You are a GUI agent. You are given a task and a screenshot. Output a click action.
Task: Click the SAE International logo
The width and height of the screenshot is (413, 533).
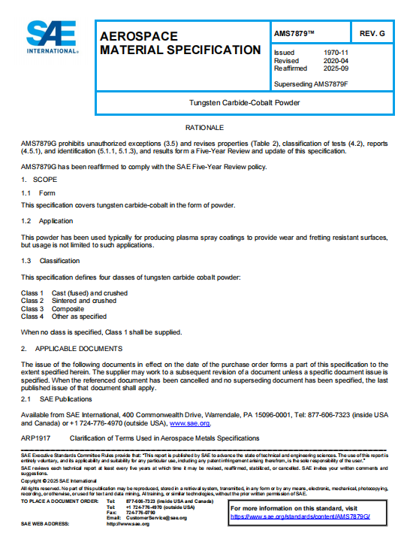(x=52, y=35)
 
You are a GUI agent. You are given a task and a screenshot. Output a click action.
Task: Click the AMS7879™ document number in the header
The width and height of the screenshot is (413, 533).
(x=294, y=34)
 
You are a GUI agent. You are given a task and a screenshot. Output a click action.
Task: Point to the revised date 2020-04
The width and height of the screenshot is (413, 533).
(x=336, y=61)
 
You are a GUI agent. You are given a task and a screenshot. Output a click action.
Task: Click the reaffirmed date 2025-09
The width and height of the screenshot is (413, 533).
(x=336, y=68)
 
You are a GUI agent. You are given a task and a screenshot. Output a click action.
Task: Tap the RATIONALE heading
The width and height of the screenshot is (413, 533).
(x=204, y=129)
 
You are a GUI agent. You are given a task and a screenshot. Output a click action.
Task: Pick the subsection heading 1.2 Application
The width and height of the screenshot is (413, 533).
(x=47, y=221)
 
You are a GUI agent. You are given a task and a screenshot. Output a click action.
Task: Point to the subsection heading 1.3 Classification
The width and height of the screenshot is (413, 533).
(x=50, y=261)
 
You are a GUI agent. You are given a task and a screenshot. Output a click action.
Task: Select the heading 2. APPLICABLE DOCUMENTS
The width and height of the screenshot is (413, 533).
(x=71, y=349)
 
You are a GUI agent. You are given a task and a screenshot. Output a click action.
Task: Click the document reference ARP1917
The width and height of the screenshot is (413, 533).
(x=35, y=438)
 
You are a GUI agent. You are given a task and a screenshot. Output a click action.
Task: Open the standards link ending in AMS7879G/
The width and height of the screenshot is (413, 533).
(x=300, y=518)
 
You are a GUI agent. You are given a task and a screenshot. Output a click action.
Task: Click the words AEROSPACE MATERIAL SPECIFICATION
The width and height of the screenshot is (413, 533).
(x=180, y=43)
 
